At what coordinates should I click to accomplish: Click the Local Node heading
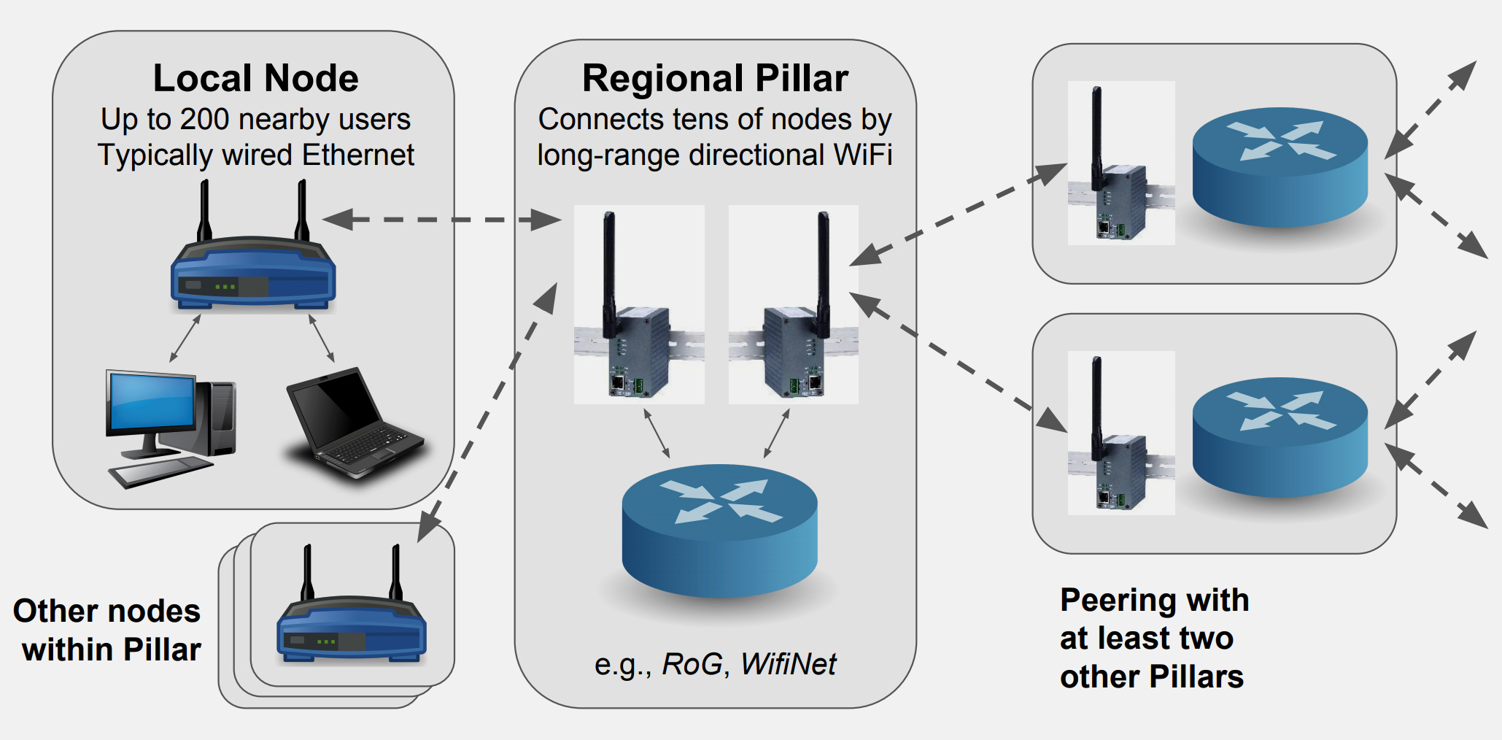255,78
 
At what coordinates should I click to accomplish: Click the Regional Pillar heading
715,78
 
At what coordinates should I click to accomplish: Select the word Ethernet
357,155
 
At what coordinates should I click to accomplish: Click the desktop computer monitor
152,406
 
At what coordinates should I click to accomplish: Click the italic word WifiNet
788,664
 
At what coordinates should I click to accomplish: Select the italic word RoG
692,664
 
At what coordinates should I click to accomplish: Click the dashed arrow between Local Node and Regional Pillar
441,219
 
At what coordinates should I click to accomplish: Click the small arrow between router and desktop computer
185,338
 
